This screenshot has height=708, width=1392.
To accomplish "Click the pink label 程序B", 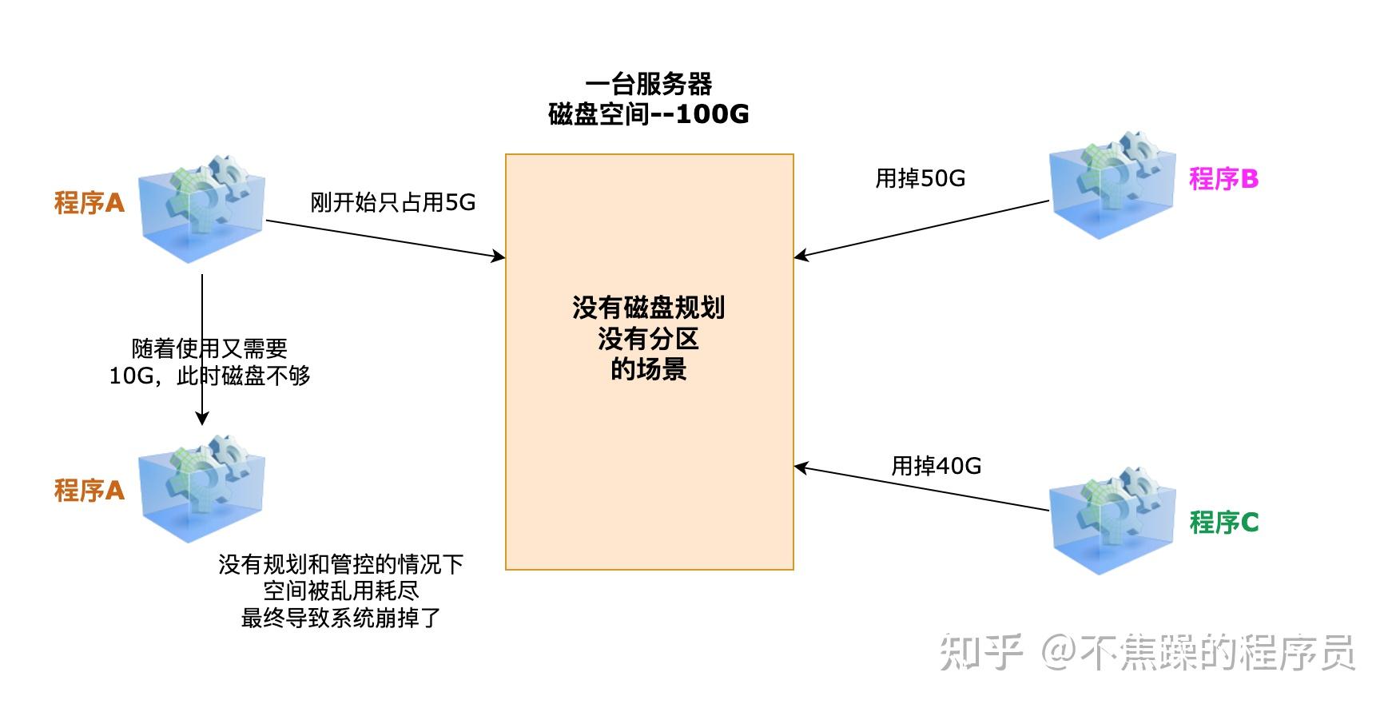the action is point(1223,179).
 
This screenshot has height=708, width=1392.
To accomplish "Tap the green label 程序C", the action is point(1223,523).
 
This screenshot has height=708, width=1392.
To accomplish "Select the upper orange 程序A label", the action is point(89,203).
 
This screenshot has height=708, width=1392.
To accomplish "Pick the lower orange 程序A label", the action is point(89,491).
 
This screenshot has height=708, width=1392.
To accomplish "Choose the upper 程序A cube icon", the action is point(201,209).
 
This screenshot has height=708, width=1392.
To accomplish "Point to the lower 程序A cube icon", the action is point(201,489).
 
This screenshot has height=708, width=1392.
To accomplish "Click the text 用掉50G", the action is point(920,178).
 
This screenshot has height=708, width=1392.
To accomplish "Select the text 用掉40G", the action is point(936,466).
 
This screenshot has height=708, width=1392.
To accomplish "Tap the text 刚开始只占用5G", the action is point(392,203).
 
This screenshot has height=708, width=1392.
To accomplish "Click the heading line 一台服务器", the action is point(648,84).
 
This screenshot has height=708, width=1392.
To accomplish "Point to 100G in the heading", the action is point(712,114).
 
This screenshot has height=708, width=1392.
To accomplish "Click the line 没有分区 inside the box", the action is point(648,339).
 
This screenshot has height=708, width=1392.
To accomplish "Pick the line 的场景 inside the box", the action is point(648,369).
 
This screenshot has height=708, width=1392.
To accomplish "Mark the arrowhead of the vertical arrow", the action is point(202,418).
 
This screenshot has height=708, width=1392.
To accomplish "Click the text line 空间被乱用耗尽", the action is point(341,591).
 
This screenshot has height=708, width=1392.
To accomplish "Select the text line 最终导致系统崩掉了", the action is point(341,618).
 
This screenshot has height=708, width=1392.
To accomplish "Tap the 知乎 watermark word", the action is point(980,653).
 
